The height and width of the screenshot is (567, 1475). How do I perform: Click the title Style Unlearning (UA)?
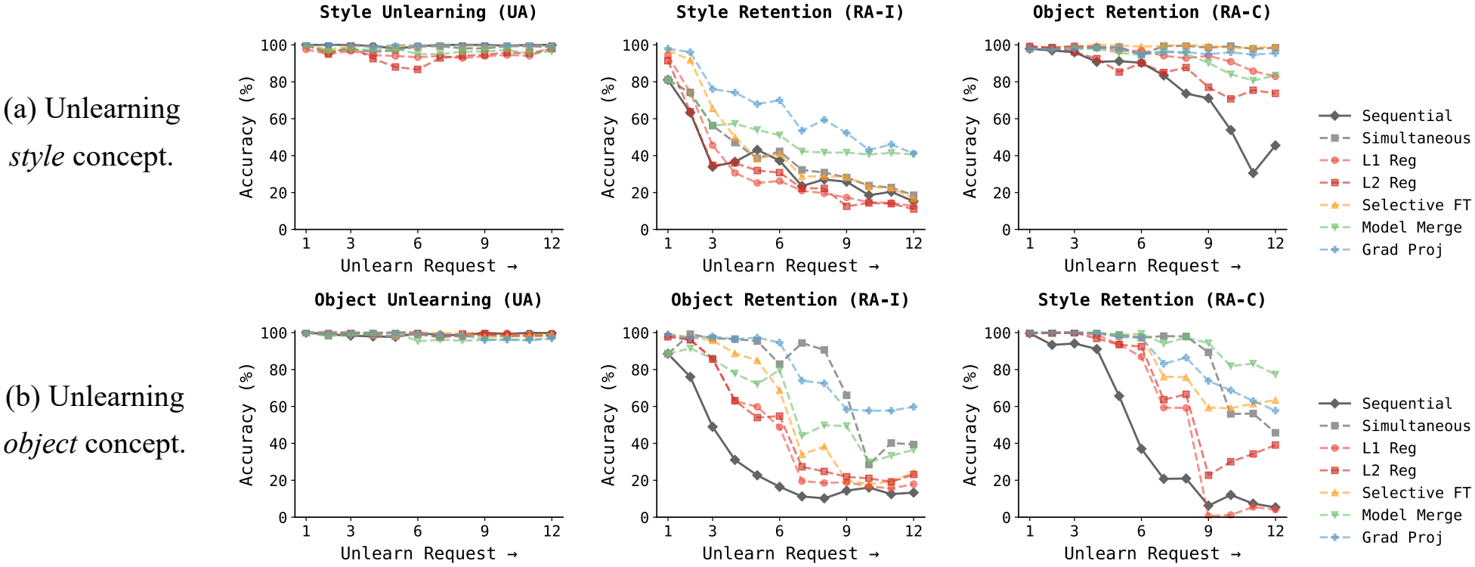428,12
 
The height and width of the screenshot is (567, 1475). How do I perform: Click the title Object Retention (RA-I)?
790,300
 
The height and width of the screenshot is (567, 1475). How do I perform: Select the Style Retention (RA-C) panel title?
1152,300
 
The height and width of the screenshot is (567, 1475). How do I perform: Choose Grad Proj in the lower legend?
1402,538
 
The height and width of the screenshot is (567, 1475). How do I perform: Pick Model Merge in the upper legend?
1411,228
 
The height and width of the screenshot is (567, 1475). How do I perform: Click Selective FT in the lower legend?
1415,493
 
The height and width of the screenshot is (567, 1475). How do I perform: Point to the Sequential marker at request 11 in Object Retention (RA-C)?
1253,173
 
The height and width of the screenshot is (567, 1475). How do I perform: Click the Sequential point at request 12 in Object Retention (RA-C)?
1276,145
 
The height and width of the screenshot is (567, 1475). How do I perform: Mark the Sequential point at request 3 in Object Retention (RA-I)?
712,427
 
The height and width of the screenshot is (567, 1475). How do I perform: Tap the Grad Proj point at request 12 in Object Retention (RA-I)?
914,407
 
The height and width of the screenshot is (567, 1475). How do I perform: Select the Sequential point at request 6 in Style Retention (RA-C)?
1141,449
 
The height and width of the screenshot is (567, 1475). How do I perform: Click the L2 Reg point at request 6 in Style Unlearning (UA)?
417,69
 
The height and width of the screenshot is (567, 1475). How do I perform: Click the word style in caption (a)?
36,157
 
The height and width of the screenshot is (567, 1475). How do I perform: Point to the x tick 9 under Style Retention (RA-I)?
846,243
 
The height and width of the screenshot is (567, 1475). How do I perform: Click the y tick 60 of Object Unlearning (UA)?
278,407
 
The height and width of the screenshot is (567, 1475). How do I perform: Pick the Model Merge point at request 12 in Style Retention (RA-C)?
1276,374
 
